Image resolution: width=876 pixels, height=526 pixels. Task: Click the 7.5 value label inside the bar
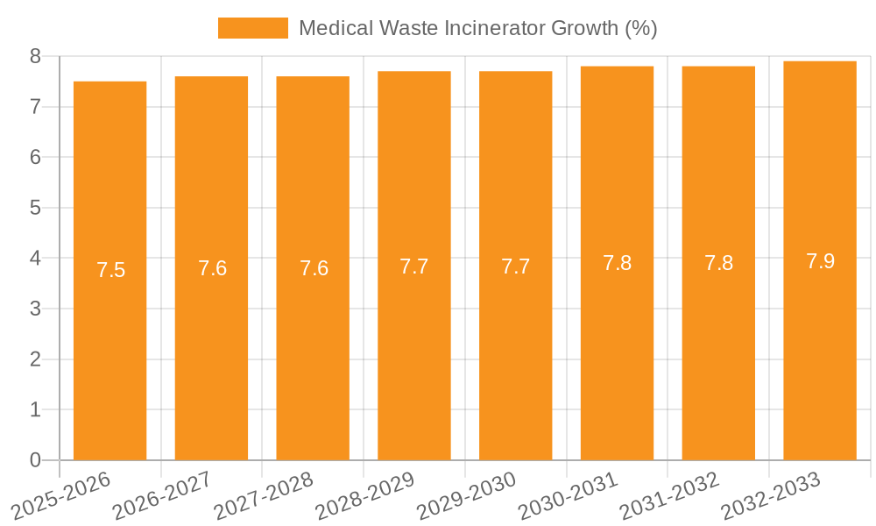click(x=111, y=270)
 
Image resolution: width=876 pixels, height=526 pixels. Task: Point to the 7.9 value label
click(x=821, y=261)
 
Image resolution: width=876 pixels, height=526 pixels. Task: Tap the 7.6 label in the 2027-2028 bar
click(x=314, y=268)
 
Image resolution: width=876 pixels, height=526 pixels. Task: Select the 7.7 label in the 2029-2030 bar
click(x=516, y=267)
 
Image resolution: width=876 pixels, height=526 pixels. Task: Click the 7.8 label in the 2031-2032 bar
click(x=719, y=263)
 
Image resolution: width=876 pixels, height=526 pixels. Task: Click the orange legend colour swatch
click(x=252, y=28)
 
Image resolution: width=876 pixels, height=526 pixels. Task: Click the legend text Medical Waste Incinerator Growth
click(x=477, y=28)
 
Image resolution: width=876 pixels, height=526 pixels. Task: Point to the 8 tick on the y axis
click(x=35, y=56)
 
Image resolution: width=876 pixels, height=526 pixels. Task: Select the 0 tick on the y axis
click(x=35, y=460)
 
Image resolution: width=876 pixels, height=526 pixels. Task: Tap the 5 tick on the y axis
click(x=35, y=208)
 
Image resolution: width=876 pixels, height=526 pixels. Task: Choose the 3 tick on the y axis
click(x=35, y=309)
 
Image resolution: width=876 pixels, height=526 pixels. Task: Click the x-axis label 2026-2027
click(x=161, y=496)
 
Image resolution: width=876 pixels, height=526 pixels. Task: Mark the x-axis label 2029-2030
click(x=466, y=496)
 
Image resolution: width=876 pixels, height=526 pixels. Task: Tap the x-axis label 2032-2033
click(x=771, y=496)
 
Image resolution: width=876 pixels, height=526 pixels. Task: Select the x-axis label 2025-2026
click(x=61, y=496)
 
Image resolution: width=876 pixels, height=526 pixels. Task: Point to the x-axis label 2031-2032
click(x=669, y=496)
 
